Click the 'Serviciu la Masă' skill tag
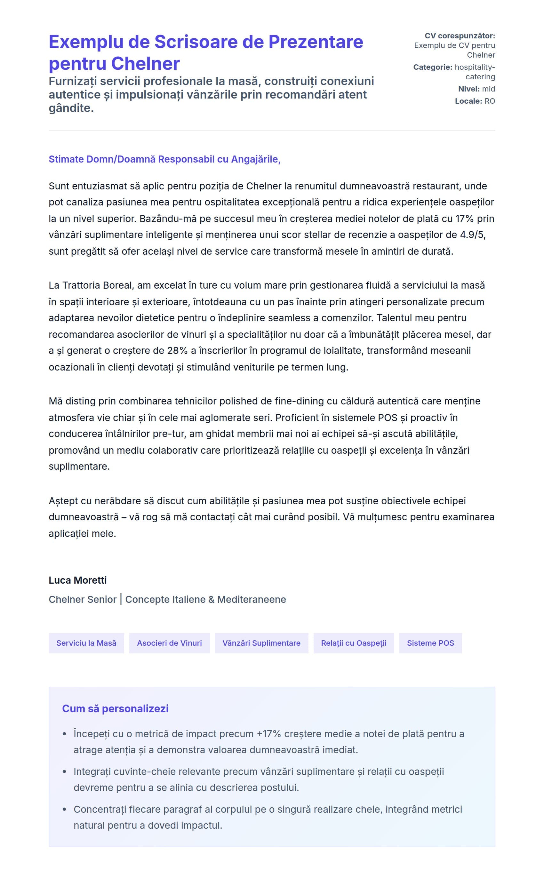[86, 643]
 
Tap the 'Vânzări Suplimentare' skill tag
[261, 643]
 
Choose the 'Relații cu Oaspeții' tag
[353, 643]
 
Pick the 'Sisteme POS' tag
[430, 643]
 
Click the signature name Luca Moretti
[77, 580]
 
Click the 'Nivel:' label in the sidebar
[469, 89]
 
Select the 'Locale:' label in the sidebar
[468, 101]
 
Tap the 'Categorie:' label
[432, 67]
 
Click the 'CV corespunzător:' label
[460, 36]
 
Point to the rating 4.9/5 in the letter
[472, 235]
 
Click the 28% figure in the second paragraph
[177, 350]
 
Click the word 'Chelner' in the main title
[145, 64]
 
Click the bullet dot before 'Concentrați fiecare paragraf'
[64, 809]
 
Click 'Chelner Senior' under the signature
[82, 599]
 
